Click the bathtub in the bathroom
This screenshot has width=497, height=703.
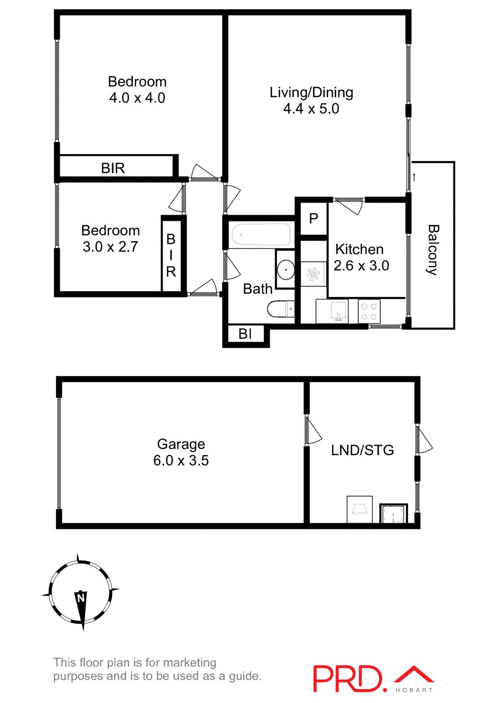261,234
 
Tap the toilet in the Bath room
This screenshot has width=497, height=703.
280,309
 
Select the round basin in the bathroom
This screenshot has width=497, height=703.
285,270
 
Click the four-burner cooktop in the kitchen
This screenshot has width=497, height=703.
369,312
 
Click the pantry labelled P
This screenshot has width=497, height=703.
314,219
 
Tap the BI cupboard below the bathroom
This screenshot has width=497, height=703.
245,334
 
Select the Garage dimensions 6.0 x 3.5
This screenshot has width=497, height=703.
181,461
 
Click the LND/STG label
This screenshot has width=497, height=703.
362,450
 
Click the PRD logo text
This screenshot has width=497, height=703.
348,679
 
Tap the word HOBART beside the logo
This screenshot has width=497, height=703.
414,690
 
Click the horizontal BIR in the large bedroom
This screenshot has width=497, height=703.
113,168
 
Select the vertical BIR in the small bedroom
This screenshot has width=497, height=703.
171,255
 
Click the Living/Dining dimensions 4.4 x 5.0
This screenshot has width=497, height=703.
311,109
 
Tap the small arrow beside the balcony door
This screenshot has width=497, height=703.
414,177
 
